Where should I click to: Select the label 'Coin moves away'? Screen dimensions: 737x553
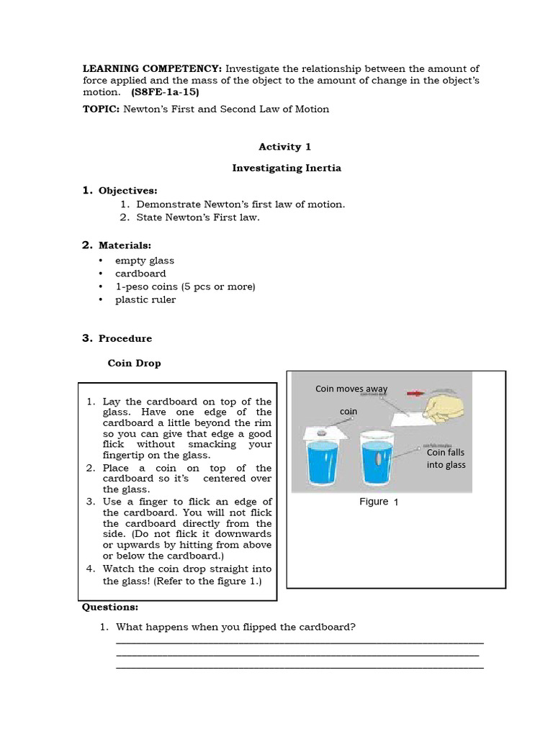pyautogui.click(x=351, y=389)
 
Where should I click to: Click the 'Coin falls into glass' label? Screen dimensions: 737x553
pyautogui.click(x=446, y=458)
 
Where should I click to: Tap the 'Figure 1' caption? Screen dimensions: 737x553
pyautogui.click(x=379, y=502)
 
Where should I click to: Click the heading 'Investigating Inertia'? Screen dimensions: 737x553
pyautogui.click(x=287, y=168)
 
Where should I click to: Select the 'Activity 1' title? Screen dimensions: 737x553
pyautogui.click(x=285, y=146)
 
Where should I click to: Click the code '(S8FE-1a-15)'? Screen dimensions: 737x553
pyautogui.click(x=165, y=92)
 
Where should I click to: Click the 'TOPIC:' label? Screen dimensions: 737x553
pyautogui.click(x=101, y=109)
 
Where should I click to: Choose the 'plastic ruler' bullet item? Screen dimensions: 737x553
pyautogui.click(x=145, y=299)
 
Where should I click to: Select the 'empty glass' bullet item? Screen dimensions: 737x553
pyautogui.click(x=144, y=261)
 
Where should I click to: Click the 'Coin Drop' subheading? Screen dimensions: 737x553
pyautogui.click(x=134, y=363)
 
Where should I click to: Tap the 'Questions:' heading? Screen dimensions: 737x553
pyautogui.click(x=110, y=607)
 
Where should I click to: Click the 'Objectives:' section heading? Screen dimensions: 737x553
pyautogui.click(x=127, y=191)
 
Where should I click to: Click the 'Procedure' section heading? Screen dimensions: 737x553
pyautogui.click(x=125, y=338)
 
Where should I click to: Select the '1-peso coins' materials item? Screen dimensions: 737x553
pyautogui.click(x=185, y=286)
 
